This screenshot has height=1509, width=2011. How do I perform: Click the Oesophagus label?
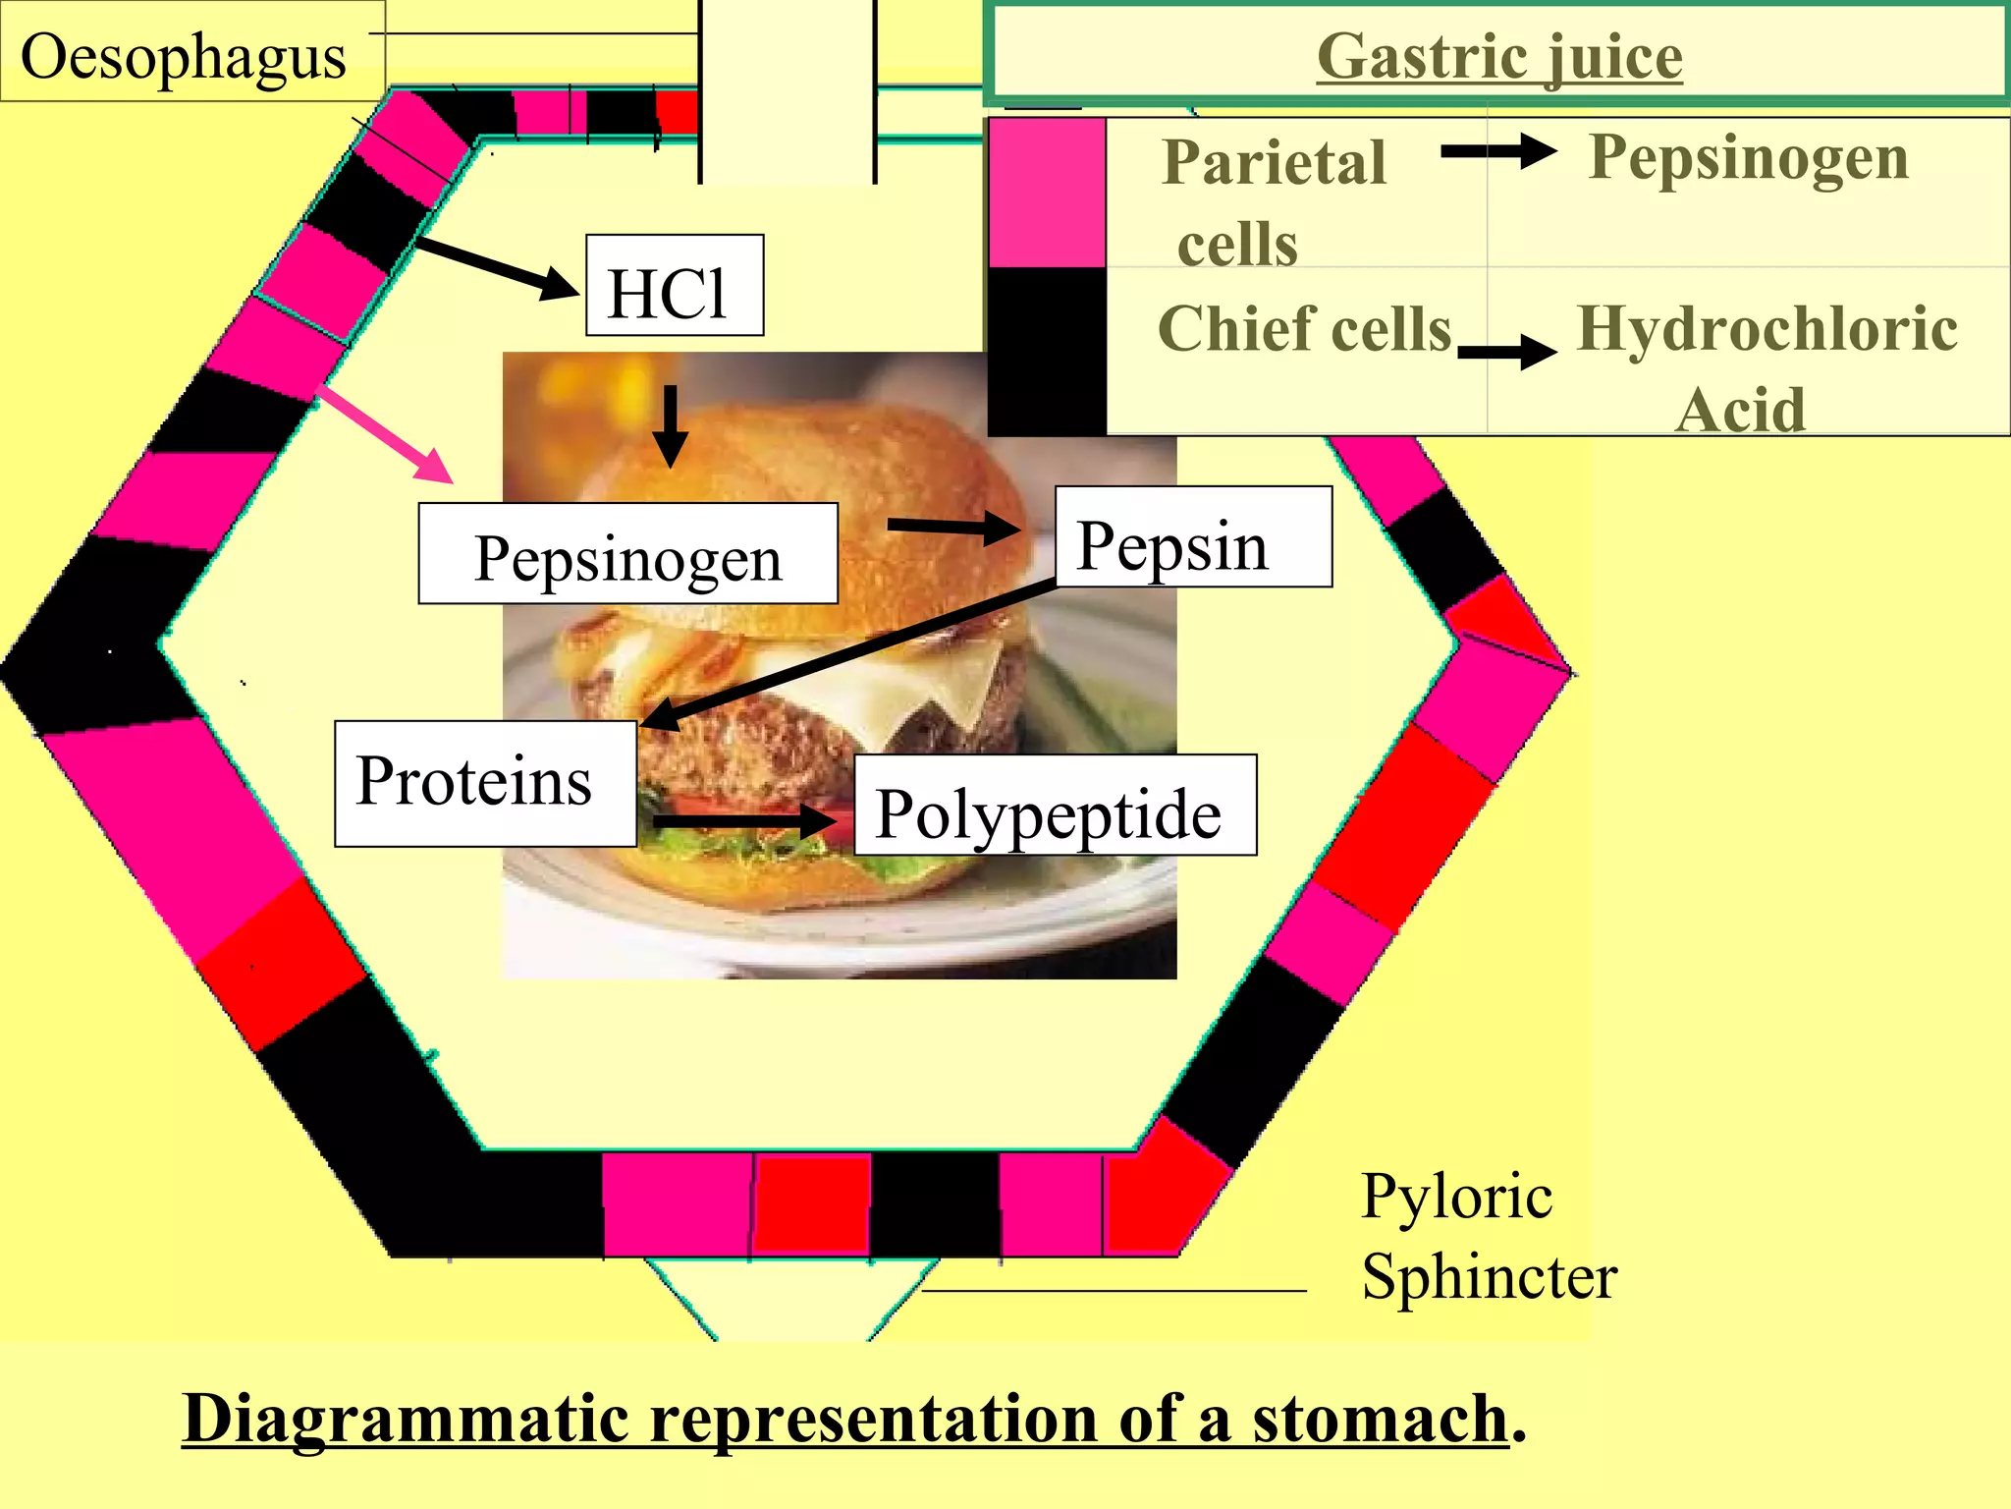184,56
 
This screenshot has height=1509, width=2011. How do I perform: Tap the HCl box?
674,286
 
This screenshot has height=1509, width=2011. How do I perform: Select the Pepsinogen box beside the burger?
627,555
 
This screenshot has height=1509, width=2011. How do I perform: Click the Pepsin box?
1192,537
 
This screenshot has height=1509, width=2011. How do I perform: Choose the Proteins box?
484,783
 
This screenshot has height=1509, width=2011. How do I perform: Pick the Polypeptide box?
1054,807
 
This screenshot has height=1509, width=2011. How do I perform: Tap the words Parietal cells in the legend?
1275,200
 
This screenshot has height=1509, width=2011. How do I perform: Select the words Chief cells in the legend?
1304,328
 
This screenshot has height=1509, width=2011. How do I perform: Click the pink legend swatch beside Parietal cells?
1047,192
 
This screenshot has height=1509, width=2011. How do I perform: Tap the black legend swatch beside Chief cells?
1047,351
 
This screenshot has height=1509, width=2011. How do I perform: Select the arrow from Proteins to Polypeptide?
744,820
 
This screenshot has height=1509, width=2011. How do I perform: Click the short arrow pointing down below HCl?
671,426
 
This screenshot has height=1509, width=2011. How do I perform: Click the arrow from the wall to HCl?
498,266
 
